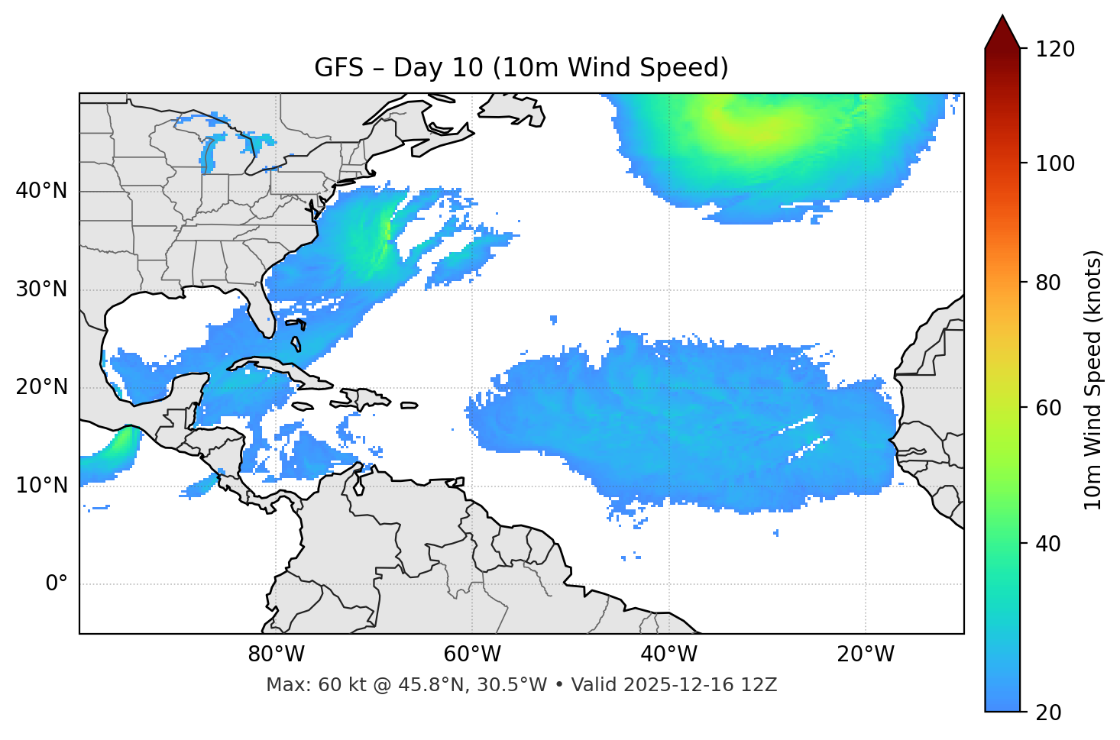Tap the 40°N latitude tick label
point(41,191)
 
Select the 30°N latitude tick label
point(41,289)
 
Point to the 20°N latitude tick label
point(41,387)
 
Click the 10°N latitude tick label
point(41,486)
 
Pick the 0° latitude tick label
point(57,584)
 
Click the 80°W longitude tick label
point(276,654)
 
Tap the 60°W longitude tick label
point(472,654)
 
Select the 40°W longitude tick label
point(668,654)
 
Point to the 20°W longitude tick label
point(865,654)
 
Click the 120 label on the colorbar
point(1055,49)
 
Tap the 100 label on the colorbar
point(1055,163)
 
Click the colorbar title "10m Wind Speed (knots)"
point(1093,380)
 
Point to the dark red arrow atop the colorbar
point(1002,32)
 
